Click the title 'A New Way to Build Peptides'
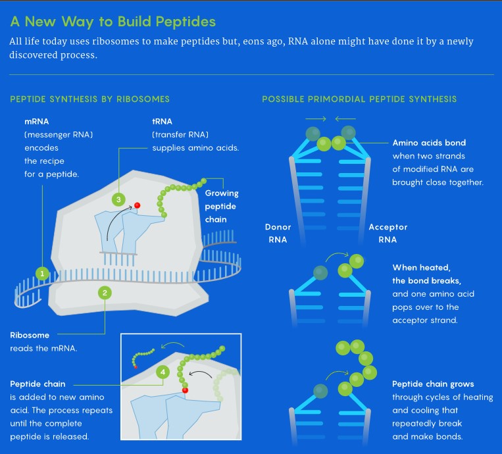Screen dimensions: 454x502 click(113, 21)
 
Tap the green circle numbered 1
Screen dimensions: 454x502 click(42, 273)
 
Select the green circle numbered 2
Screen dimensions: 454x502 click(105, 293)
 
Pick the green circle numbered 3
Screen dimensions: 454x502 click(118, 199)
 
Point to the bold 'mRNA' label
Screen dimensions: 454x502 click(36, 122)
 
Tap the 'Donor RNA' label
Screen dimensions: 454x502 click(278, 233)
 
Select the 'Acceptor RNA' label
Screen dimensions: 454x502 click(388, 233)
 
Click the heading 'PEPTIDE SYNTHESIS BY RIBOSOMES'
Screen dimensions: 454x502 click(90, 99)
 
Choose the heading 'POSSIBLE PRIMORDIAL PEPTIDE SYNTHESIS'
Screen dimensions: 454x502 click(359, 99)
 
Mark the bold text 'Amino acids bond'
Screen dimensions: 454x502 click(429, 143)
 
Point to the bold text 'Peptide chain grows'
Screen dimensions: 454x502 click(433, 384)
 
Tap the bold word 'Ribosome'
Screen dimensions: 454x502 click(30, 335)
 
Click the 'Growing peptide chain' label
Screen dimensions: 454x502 click(222, 206)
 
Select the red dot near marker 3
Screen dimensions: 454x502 click(138, 205)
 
